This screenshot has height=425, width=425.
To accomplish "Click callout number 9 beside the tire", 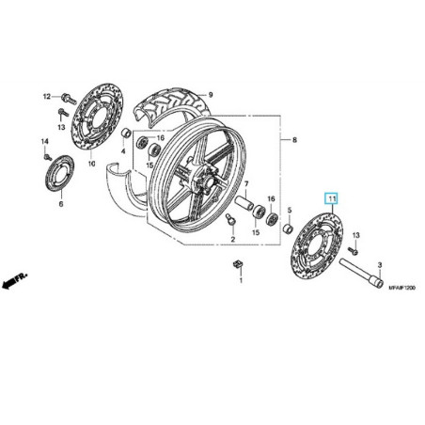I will tap(211, 95).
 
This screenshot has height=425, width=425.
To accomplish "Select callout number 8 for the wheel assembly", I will tap(294, 140).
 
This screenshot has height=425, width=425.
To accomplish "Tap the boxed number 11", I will tap(331, 199).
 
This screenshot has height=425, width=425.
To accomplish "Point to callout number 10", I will tap(92, 163).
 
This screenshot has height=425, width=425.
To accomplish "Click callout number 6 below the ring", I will tap(59, 203).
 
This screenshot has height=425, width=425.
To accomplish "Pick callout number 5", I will tap(289, 210).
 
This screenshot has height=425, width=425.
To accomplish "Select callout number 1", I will tap(239, 280).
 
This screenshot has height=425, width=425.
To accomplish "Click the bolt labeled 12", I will tap(67, 97).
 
